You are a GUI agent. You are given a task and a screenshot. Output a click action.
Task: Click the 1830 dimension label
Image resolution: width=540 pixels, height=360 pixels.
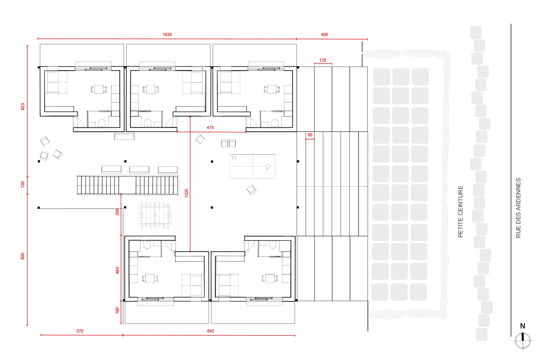[167, 35]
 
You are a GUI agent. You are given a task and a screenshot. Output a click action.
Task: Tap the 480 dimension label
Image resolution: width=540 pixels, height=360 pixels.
[324, 35]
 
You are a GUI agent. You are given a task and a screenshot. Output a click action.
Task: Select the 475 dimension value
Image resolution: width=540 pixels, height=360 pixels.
[210, 127]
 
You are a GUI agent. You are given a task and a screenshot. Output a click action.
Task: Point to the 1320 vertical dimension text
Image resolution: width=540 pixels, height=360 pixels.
[186, 193]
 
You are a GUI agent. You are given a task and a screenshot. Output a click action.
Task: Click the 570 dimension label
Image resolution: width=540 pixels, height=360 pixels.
[80, 331]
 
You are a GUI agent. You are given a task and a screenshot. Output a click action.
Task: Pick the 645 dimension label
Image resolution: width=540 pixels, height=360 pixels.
[211, 331]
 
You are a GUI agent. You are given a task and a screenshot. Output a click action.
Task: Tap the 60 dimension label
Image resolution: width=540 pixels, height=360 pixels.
[310, 135]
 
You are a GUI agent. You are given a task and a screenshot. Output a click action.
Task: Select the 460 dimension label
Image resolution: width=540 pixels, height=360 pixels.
[117, 270]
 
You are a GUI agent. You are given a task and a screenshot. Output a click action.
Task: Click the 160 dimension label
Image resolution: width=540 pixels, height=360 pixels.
[117, 310]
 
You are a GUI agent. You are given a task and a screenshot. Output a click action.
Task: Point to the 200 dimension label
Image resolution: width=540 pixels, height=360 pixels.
[117, 212]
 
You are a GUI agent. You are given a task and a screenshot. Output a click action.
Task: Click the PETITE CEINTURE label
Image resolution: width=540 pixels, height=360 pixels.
[460, 211]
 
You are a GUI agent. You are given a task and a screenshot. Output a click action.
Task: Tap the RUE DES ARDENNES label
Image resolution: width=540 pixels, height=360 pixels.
[518, 208]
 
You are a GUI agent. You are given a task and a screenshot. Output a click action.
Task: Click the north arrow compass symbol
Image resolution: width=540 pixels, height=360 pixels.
[522, 341]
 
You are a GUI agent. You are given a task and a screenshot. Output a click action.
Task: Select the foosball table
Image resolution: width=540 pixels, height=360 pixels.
[155, 215]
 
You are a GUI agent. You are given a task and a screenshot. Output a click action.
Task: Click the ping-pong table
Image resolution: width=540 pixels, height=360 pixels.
[252, 166]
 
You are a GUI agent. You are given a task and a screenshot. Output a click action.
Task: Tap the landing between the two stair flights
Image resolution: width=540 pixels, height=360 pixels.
[127, 185]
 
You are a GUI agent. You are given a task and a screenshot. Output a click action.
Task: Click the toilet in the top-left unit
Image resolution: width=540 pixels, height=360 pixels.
[102, 123]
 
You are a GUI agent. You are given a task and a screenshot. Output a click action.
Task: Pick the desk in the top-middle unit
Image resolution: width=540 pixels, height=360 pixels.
[151, 89]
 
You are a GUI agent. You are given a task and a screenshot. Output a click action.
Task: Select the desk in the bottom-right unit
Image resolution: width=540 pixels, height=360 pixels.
[270, 278]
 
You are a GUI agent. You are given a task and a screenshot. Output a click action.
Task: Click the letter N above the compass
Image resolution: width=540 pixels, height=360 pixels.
[522, 326]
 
